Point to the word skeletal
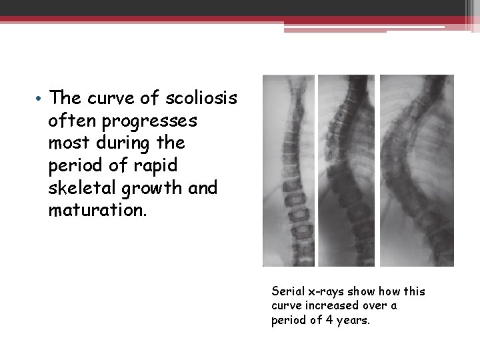pyautogui.click(x=84, y=189)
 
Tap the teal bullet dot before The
pyautogui.click(x=41, y=99)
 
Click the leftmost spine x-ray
pyautogui.click(x=289, y=170)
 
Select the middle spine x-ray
pyautogui.click(x=347, y=170)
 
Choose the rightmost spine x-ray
pyautogui.click(x=417, y=170)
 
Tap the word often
pyautogui.click(x=69, y=121)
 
